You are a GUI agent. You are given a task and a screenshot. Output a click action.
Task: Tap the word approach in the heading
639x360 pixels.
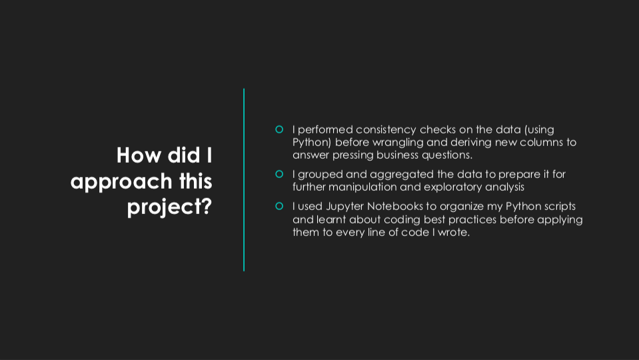point(121,182)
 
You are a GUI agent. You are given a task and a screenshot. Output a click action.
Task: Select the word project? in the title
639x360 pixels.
point(169,207)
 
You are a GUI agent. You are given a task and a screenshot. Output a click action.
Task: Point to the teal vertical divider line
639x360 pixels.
point(244,180)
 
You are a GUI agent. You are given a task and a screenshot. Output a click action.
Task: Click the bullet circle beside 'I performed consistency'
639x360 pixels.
point(279,129)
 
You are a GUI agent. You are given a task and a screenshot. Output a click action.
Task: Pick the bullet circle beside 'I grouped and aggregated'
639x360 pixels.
point(279,174)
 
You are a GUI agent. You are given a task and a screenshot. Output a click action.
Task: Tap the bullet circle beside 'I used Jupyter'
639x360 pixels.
point(279,206)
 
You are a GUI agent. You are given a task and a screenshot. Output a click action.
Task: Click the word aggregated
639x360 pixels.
point(402,175)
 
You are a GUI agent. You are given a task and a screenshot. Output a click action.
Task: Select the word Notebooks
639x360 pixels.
point(395,206)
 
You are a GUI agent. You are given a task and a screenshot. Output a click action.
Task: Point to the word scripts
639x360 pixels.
point(560,207)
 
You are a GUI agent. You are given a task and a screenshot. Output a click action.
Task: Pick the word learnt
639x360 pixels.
point(331,220)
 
